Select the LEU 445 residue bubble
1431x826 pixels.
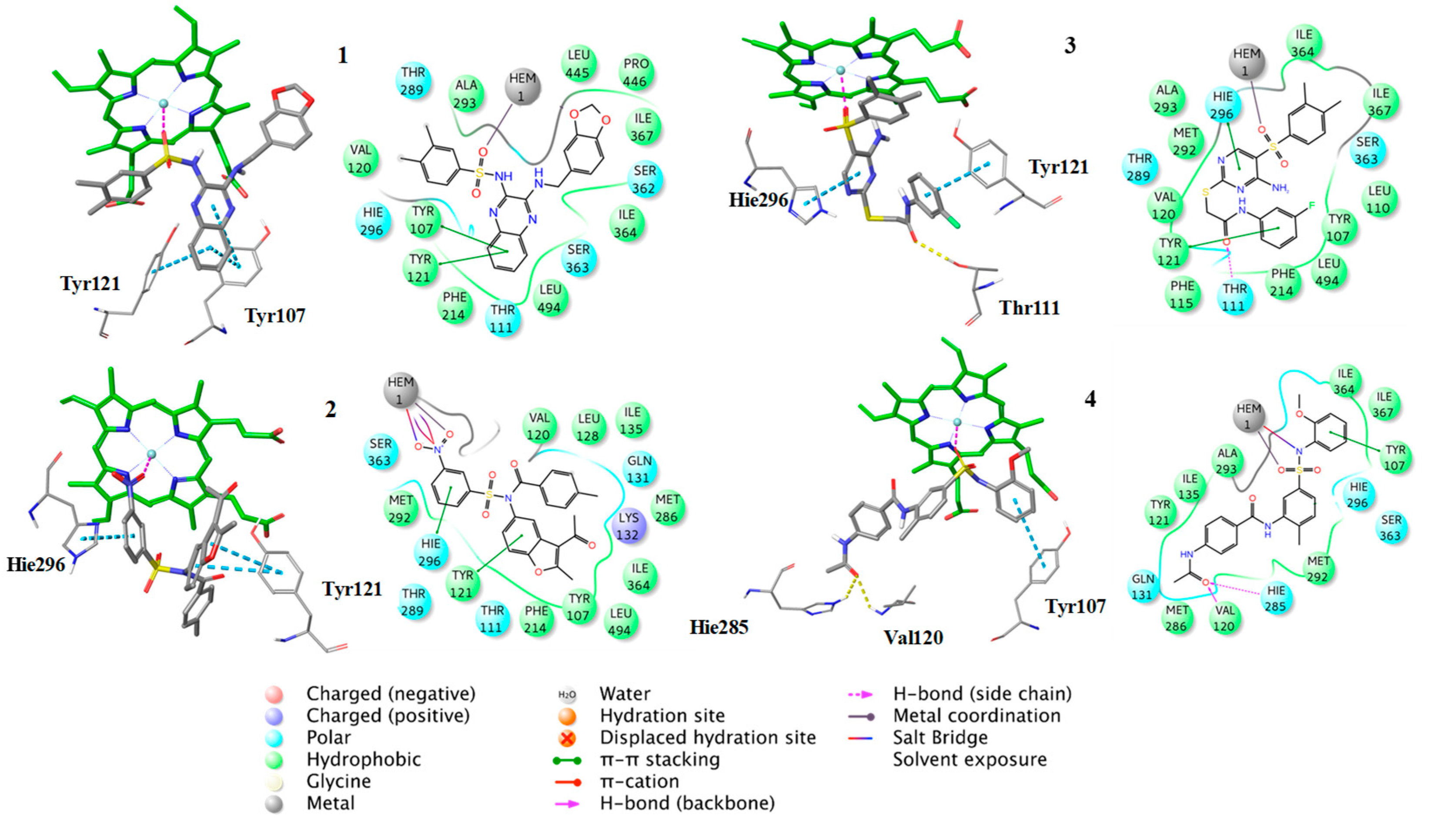click(x=578, y=64)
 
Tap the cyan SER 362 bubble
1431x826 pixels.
click(x=644, y=179)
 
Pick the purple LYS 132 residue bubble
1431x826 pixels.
click(x=628, y=526)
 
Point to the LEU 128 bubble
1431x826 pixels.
click(x=588, y=427)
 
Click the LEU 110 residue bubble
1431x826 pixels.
click(x=1379, y=199)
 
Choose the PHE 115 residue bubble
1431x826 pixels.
click(x=1182, y=294)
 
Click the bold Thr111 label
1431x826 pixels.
click(x=1029, y=308)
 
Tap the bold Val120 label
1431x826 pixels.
click(x=913, y=638)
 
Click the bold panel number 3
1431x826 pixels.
click(x=1070, y=45)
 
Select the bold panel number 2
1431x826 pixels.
click(x=331, y=409)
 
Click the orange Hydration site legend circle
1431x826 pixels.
click(x=567, y=716)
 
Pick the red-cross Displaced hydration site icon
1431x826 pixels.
click(x=567, y=738)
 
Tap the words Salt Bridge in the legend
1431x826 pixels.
click(x=940, y=738)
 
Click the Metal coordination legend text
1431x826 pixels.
click(x=976, y=716)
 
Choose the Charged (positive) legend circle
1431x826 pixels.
click(x=274, y=716)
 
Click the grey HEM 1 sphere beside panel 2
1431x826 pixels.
click(x=401, y=390)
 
